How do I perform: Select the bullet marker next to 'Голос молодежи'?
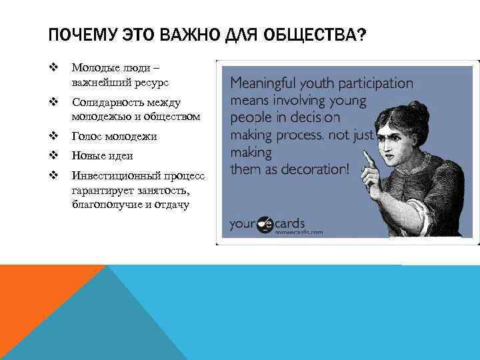[53, 136]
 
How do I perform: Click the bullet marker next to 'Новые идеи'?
[53, 155]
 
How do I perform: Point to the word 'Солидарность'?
[105, 103]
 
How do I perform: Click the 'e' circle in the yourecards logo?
[265, 223]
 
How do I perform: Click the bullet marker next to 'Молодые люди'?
[53, 67]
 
